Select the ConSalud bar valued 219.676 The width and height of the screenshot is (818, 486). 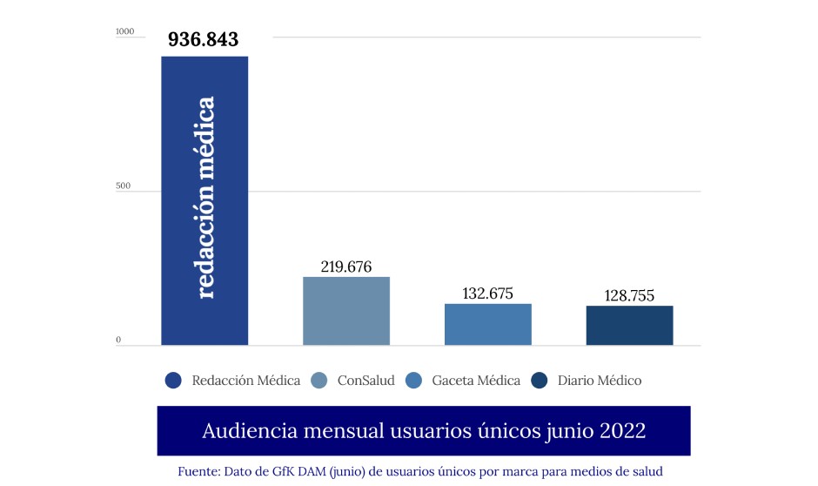[346, 311]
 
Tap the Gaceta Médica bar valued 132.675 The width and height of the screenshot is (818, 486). [487, 324]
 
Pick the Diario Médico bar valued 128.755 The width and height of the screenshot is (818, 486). [629, 325]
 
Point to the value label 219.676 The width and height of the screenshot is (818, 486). [345, 267]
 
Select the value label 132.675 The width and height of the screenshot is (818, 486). [487, 294]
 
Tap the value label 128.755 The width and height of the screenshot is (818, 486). [630, 296]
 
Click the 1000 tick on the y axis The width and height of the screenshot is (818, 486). [125, 32]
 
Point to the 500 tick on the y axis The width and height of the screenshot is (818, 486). [124, 186]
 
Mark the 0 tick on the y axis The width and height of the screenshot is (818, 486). [118, 341]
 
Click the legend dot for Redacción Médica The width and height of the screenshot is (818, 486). [173, 381]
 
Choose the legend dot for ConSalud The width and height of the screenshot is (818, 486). [318, 381]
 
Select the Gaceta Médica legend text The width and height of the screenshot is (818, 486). [475, 381]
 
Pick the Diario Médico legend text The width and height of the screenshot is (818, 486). [599, 381]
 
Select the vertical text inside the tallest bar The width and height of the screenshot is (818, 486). [205, 199]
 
